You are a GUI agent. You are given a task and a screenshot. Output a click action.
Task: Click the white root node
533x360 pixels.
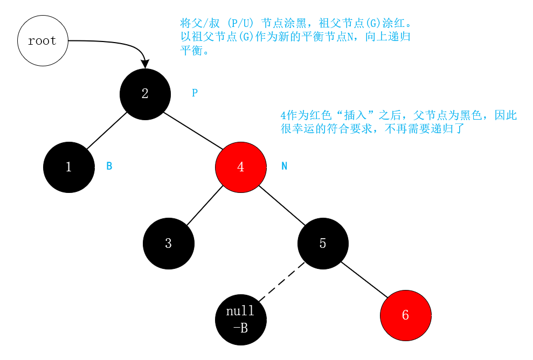[x=43, y=41]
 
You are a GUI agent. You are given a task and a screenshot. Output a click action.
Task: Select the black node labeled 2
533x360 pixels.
[x=144, y=94]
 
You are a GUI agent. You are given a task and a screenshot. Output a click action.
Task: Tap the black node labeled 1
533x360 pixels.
[x=68, y=167]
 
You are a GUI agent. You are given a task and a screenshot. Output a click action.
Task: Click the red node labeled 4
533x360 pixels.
[x=240, y=167]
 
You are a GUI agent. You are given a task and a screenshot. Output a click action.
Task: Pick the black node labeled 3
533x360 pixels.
[x=168, y=244]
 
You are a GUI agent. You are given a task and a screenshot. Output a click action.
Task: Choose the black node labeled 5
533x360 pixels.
[x=323, y=244]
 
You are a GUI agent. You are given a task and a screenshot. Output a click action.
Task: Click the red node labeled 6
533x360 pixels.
[x=405, y=315]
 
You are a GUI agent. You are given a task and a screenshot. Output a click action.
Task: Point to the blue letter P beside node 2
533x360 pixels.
[x=195, y=93]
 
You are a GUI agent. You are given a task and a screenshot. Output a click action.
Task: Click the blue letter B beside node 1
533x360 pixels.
[x=109, y=167]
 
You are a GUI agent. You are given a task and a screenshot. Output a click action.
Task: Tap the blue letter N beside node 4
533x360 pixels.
[x=285, y=167]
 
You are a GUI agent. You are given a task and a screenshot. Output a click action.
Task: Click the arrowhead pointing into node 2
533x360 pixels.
[x=144, y=64]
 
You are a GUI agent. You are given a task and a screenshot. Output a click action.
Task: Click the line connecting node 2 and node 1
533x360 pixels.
[x=106, y=130]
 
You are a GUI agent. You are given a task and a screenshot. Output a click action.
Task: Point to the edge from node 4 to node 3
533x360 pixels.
[x=205, y=205]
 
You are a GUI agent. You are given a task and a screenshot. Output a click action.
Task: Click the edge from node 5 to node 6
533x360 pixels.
[x=364, y=280]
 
